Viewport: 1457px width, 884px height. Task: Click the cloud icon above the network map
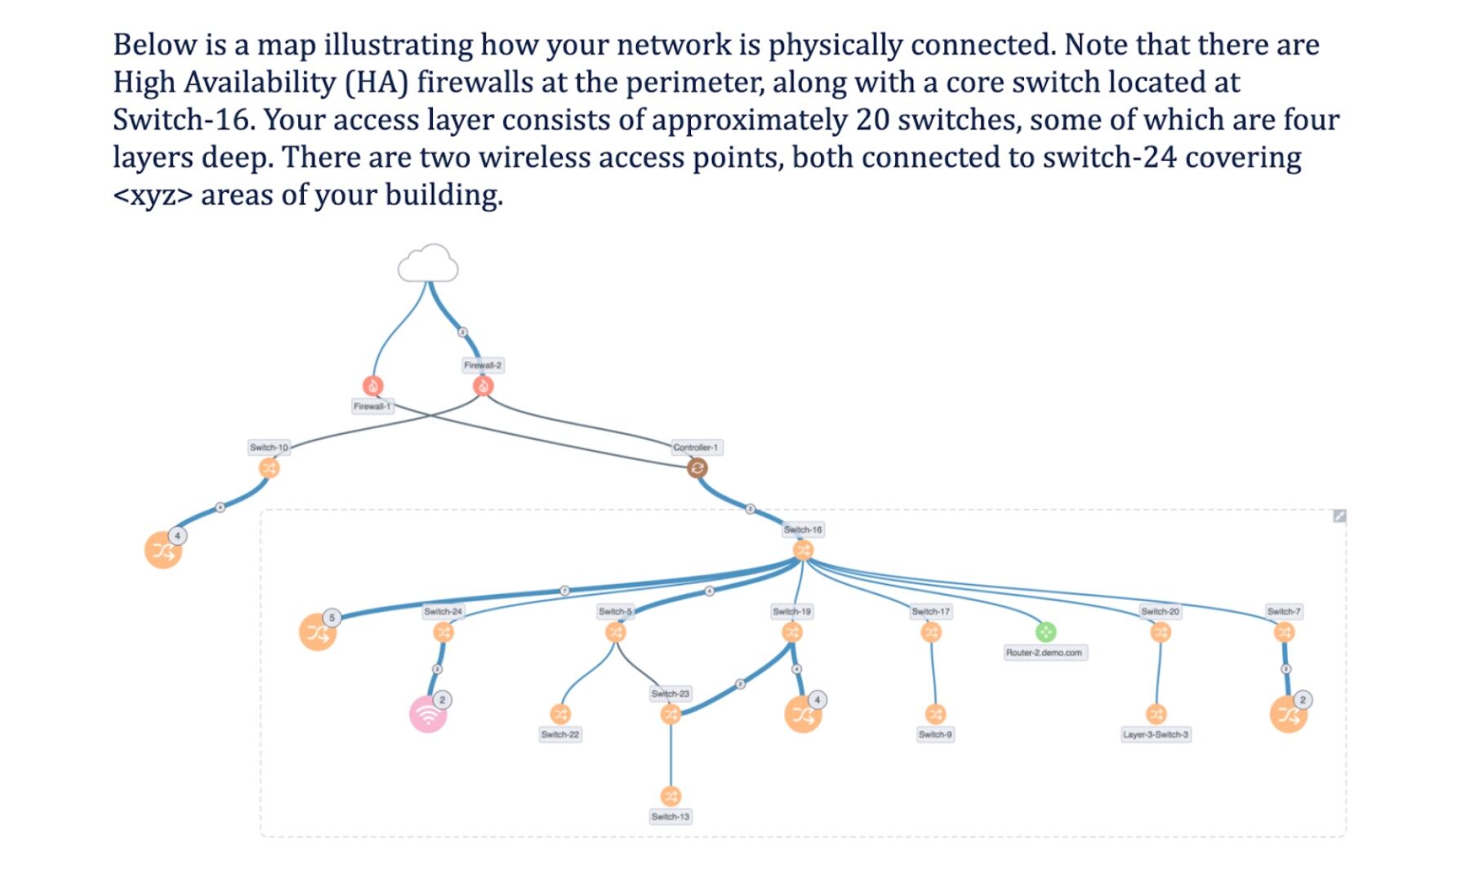pyautogui.click(x=428, y=264)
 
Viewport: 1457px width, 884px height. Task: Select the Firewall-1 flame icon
pyautogui.click(x=372, y=386)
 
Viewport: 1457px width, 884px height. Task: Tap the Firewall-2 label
pyautogui.click(x=483, y=365)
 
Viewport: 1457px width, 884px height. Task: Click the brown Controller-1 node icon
pyautogui.click(x=697, y=468)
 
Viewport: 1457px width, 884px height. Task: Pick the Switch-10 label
pyautogui.click(x=269, y=447)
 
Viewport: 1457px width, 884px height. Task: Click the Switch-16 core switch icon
pyautogui.click(x=803, y=550)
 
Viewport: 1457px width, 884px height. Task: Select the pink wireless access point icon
pyautogui.click(x=428, y=715)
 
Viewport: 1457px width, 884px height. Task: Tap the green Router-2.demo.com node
pyautogui.click(x=1045, y=632)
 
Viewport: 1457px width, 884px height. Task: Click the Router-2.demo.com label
pyautogui.click(x=1044, y=653)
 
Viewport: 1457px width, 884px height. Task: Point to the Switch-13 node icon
pyautogui.click(x=671, y=796)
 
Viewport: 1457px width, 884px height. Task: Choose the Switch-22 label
pyautogui.click(x=560, y=734)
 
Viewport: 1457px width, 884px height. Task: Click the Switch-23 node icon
pyautogui.click(x=671, y=714)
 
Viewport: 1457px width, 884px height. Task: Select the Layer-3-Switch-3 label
pyautogui.click(x=1156, y=734)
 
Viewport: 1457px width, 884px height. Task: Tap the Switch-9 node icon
pyautogui.click(x=935, y=714)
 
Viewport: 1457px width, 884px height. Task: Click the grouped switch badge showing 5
pyautogui.click(x=332, y=618)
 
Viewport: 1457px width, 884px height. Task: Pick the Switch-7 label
pyautogui.click(x=1284, y=611)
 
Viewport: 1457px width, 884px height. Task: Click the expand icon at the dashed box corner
pyautogui.click(x=1339, y=516)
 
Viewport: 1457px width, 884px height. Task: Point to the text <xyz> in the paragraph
pyautogui.click(x=152, y=195)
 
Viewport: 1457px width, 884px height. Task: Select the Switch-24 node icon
pyautogui.click(x=443, y=632)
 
